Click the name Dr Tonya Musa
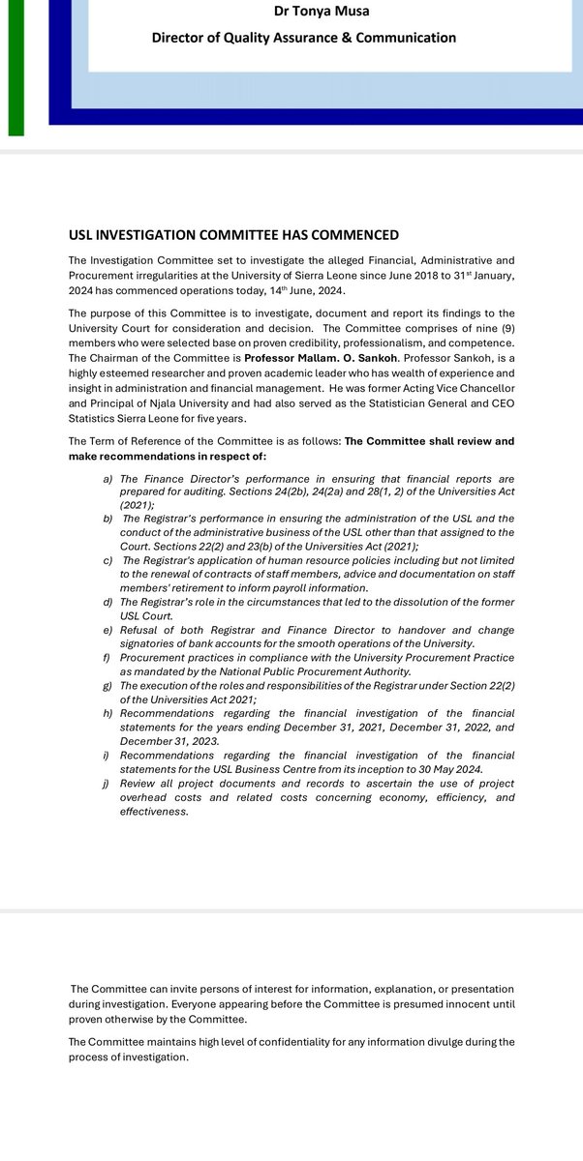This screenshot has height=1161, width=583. (x=303, y=11)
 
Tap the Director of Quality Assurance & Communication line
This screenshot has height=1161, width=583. (x=303, y=38)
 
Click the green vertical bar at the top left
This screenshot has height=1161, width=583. (x=15, y=68)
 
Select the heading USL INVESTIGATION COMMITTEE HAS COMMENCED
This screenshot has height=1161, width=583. (x=233, y=235)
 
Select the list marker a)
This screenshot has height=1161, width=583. (x=108, y=479)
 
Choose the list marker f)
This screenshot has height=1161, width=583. (x=108, y=657)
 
